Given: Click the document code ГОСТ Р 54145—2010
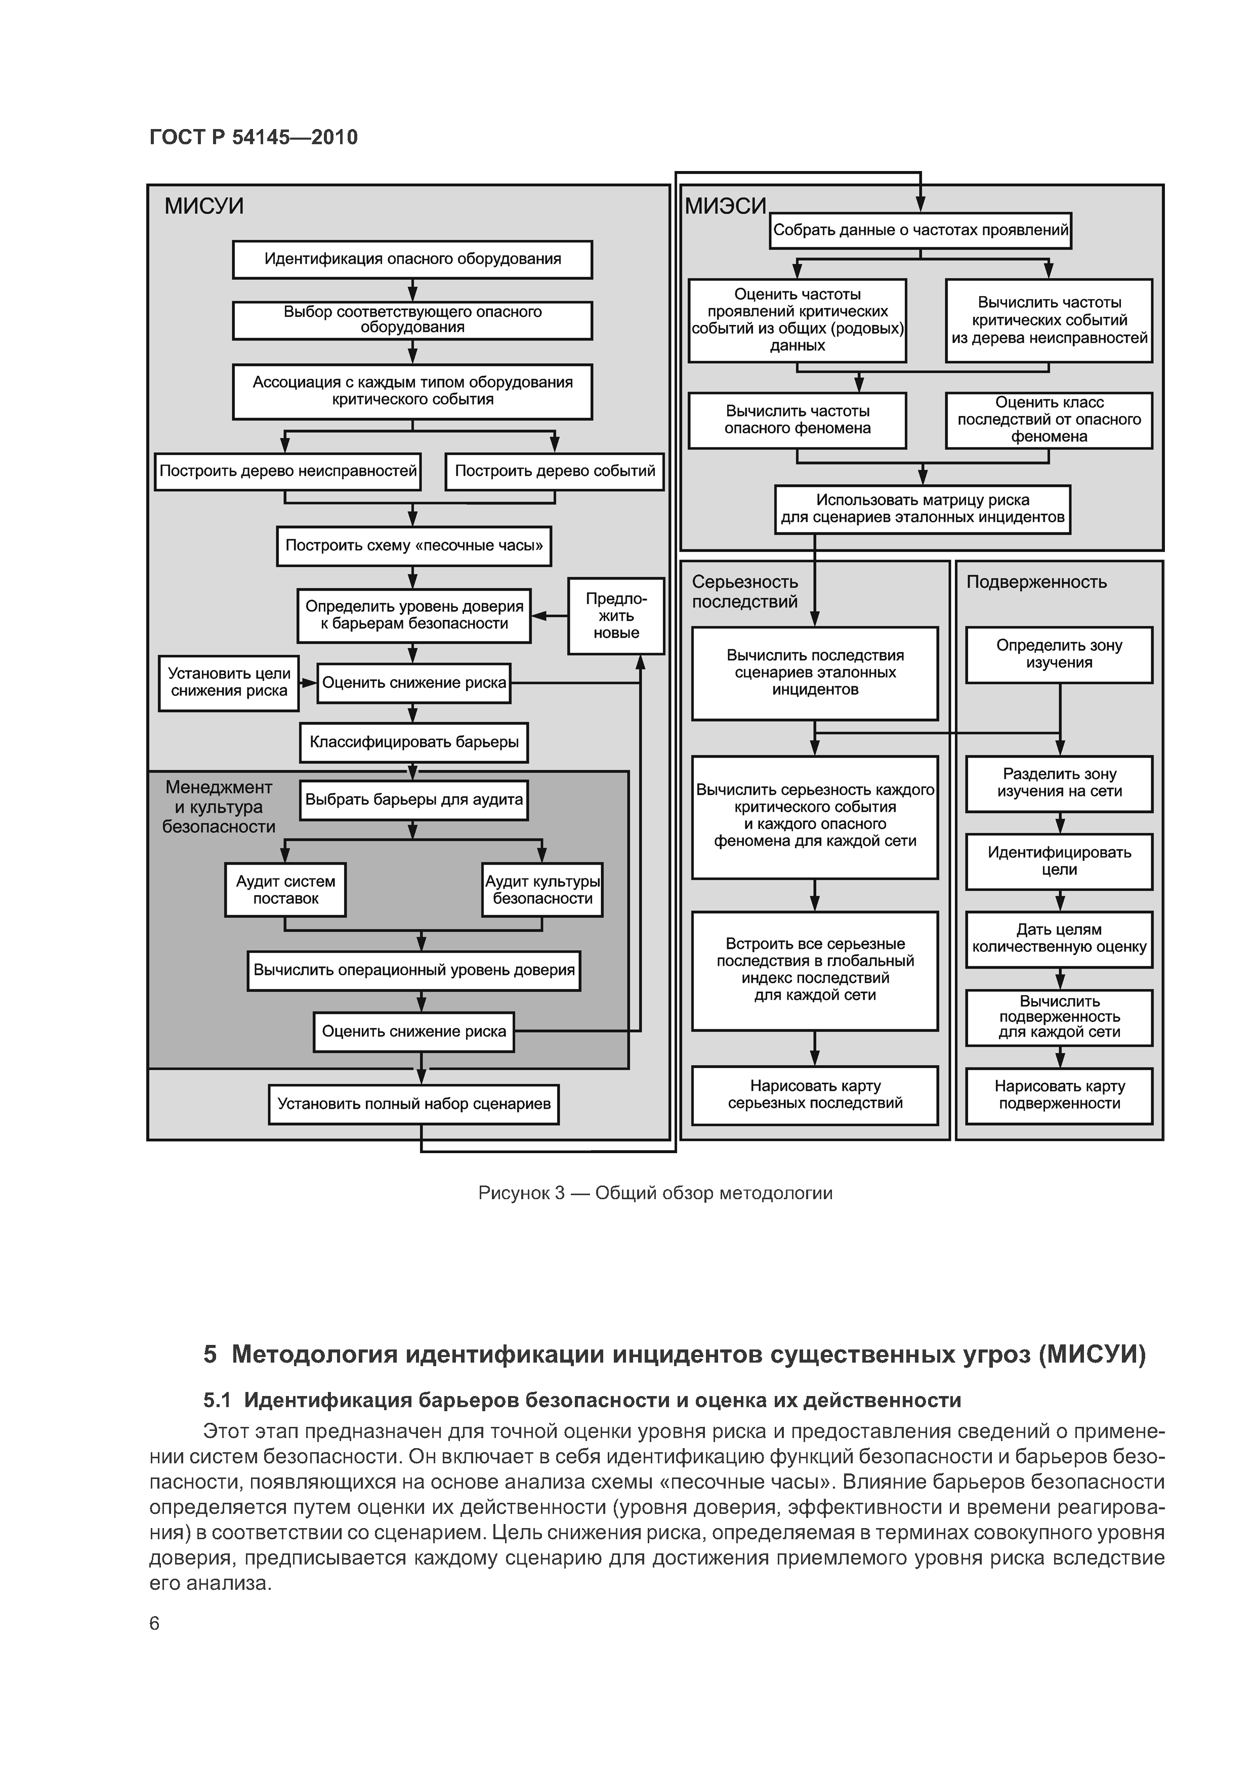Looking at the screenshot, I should pos(254,138).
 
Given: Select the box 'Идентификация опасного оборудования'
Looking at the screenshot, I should pos(412,259).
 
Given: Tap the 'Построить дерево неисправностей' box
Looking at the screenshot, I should pos(287,471).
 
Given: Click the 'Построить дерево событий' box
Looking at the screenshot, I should pos(555,471).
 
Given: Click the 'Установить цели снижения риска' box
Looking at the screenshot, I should pos(229,683).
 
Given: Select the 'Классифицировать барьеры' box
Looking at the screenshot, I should pos(413,742).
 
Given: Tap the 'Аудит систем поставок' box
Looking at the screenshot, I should pos(285,890).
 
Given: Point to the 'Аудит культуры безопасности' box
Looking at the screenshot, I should pos(542,890).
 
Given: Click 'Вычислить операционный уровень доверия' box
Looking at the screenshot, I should pos(413,970).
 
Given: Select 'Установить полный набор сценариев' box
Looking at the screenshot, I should pos(413,1104).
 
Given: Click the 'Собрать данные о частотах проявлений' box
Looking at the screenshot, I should pos(920,230).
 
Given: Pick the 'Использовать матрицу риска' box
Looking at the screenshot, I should pos(923,509).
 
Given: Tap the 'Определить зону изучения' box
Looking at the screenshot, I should pos(1059,654).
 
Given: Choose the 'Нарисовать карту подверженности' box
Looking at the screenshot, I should pos(1059,1094).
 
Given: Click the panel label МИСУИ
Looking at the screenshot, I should pos(204,206).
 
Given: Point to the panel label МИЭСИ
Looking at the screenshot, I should pos(725,206).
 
